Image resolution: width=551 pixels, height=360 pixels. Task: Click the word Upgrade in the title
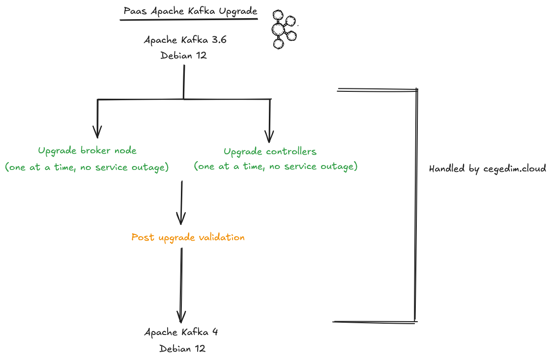pos(239,11)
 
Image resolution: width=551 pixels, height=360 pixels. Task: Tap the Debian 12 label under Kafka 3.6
pos(183,55)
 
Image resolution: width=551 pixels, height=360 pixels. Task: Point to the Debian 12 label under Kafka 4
pos(182,349)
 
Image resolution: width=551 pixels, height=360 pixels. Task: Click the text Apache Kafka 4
pos(181,332)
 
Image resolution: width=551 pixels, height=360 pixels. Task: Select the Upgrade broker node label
pos(87,150)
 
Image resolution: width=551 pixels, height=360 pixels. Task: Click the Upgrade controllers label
pos(270,151)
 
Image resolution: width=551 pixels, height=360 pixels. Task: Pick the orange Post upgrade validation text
pos(188,238)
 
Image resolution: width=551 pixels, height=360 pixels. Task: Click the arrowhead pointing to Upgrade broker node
pos(97,133)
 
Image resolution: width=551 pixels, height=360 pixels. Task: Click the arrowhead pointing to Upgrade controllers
pos(269,136)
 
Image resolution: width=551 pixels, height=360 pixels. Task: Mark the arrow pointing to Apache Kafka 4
pos(181,285)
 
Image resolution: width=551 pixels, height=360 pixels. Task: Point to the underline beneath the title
pos(189,20)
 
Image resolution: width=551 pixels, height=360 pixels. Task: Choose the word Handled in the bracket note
pos(446,168)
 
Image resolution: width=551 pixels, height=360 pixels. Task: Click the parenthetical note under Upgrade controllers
pos(275,166)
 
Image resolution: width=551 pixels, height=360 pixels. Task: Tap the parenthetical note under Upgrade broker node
pos(87,167)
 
